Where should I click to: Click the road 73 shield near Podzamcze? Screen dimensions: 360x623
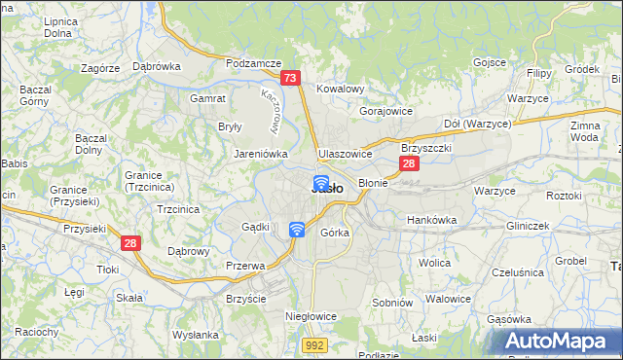click(x=289, y=78)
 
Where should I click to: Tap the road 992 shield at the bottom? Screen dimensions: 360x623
click(x=312, y=343)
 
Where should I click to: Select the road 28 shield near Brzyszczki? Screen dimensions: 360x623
click(x=410, y=164)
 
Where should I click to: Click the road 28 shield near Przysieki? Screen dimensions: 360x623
click(x=131, y=243)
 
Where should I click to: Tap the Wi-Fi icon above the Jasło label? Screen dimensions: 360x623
click(x=319, y=182)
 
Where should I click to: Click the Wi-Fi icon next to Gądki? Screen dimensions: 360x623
click(x=297, y=229)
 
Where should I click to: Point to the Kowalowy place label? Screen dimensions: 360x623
click(x=340, y=89)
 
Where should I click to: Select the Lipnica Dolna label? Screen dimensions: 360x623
click(x=59, y=27)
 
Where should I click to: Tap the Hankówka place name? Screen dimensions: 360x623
click(x=431, y=220)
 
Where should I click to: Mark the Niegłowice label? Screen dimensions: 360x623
click(x=311, y=316)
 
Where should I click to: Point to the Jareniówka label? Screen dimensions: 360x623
click(x=260, y=153)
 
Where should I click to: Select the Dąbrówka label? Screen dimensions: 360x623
click(x=156, y=66)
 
